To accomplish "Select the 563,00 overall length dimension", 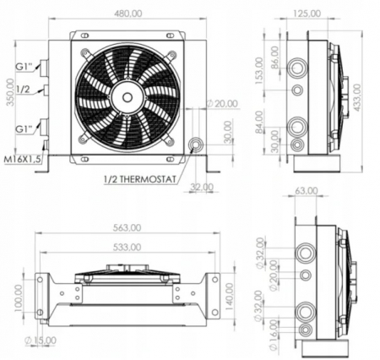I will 126,227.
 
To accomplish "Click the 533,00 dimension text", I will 126,248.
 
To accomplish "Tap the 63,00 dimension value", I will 308,191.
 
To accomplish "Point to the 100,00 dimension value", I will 19,297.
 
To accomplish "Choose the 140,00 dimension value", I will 231,297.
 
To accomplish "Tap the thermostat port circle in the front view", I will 197,145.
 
